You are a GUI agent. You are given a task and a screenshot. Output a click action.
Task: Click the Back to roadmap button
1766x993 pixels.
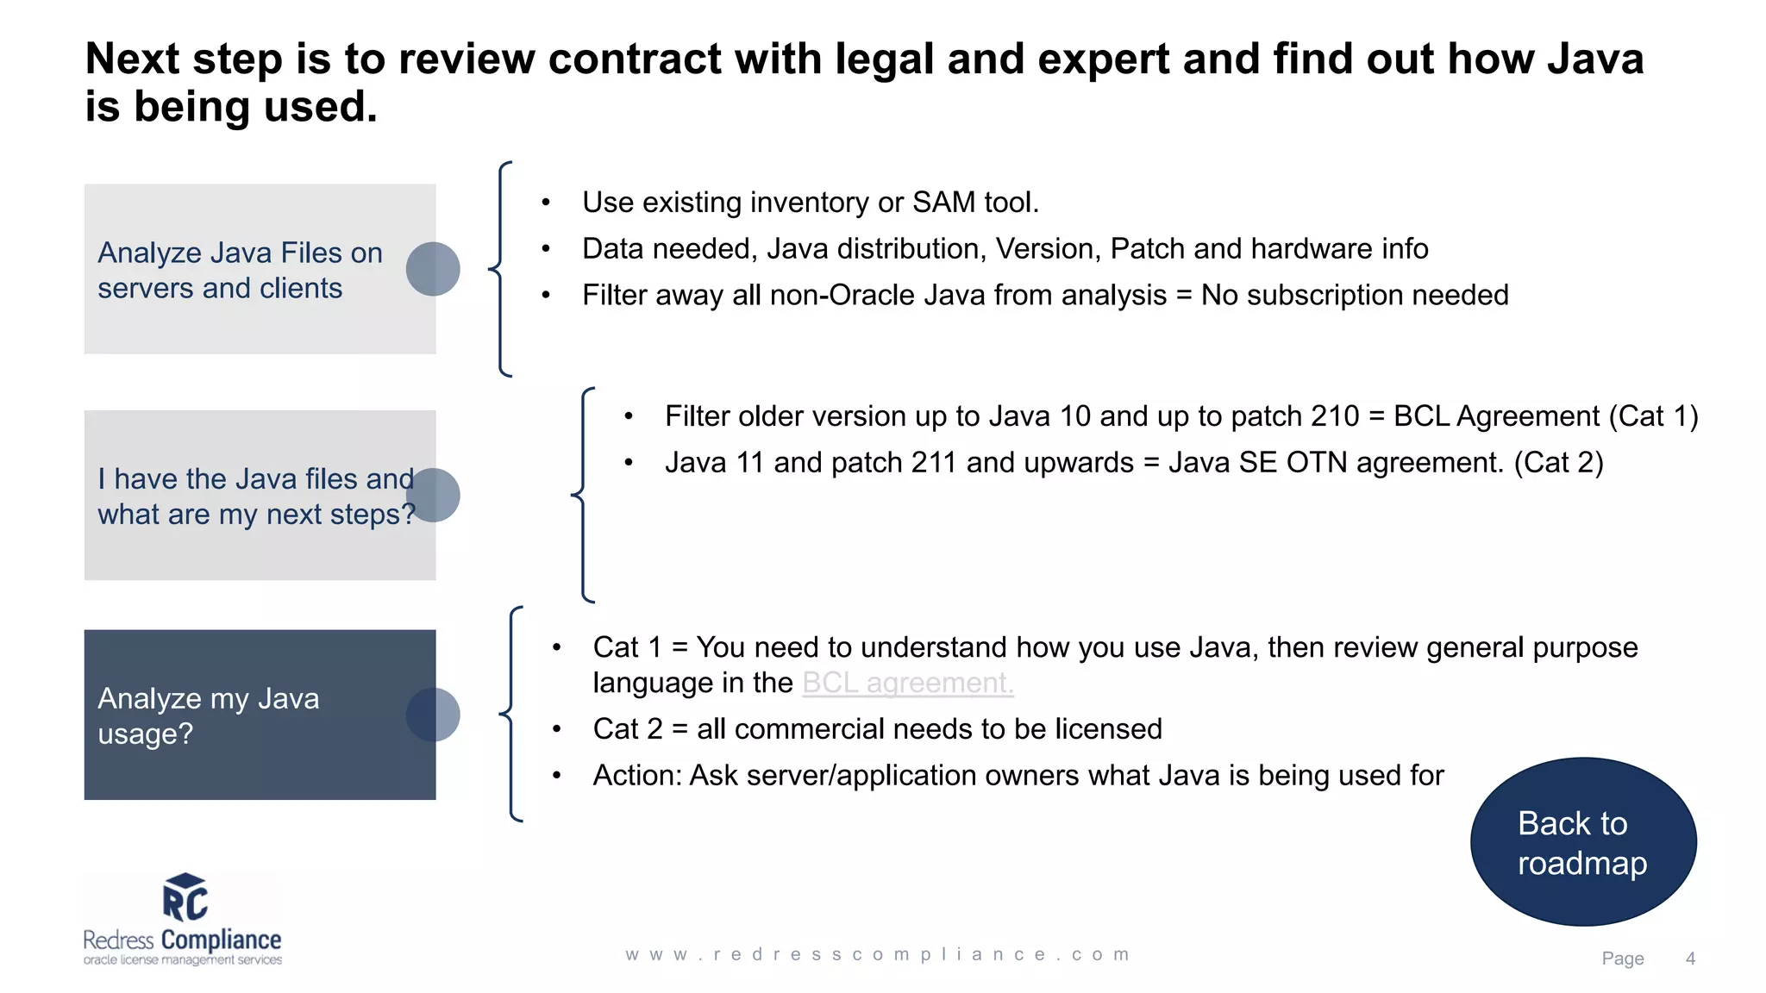point(1583,842)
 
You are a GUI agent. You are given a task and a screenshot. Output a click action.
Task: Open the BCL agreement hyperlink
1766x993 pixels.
point(907,683)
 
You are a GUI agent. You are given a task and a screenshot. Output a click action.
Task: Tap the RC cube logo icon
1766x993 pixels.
point(185,897)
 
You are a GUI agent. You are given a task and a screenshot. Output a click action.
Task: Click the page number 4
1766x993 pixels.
point(1690,959)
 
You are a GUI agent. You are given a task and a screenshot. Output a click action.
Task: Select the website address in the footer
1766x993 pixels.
point(877,954)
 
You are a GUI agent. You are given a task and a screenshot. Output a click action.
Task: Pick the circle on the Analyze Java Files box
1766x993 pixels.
point(433,269)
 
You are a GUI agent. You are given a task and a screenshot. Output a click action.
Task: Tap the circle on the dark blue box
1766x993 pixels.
point(433,715)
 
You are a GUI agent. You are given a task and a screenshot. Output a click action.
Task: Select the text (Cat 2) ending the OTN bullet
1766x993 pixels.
point(1558,463)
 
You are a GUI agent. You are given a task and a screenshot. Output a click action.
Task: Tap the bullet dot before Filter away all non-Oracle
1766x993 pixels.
point(546,296)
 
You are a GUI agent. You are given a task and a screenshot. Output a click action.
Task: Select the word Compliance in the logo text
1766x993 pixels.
point(221,940)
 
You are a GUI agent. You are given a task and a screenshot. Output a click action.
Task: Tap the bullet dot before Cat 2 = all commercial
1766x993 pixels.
point(557,729)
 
